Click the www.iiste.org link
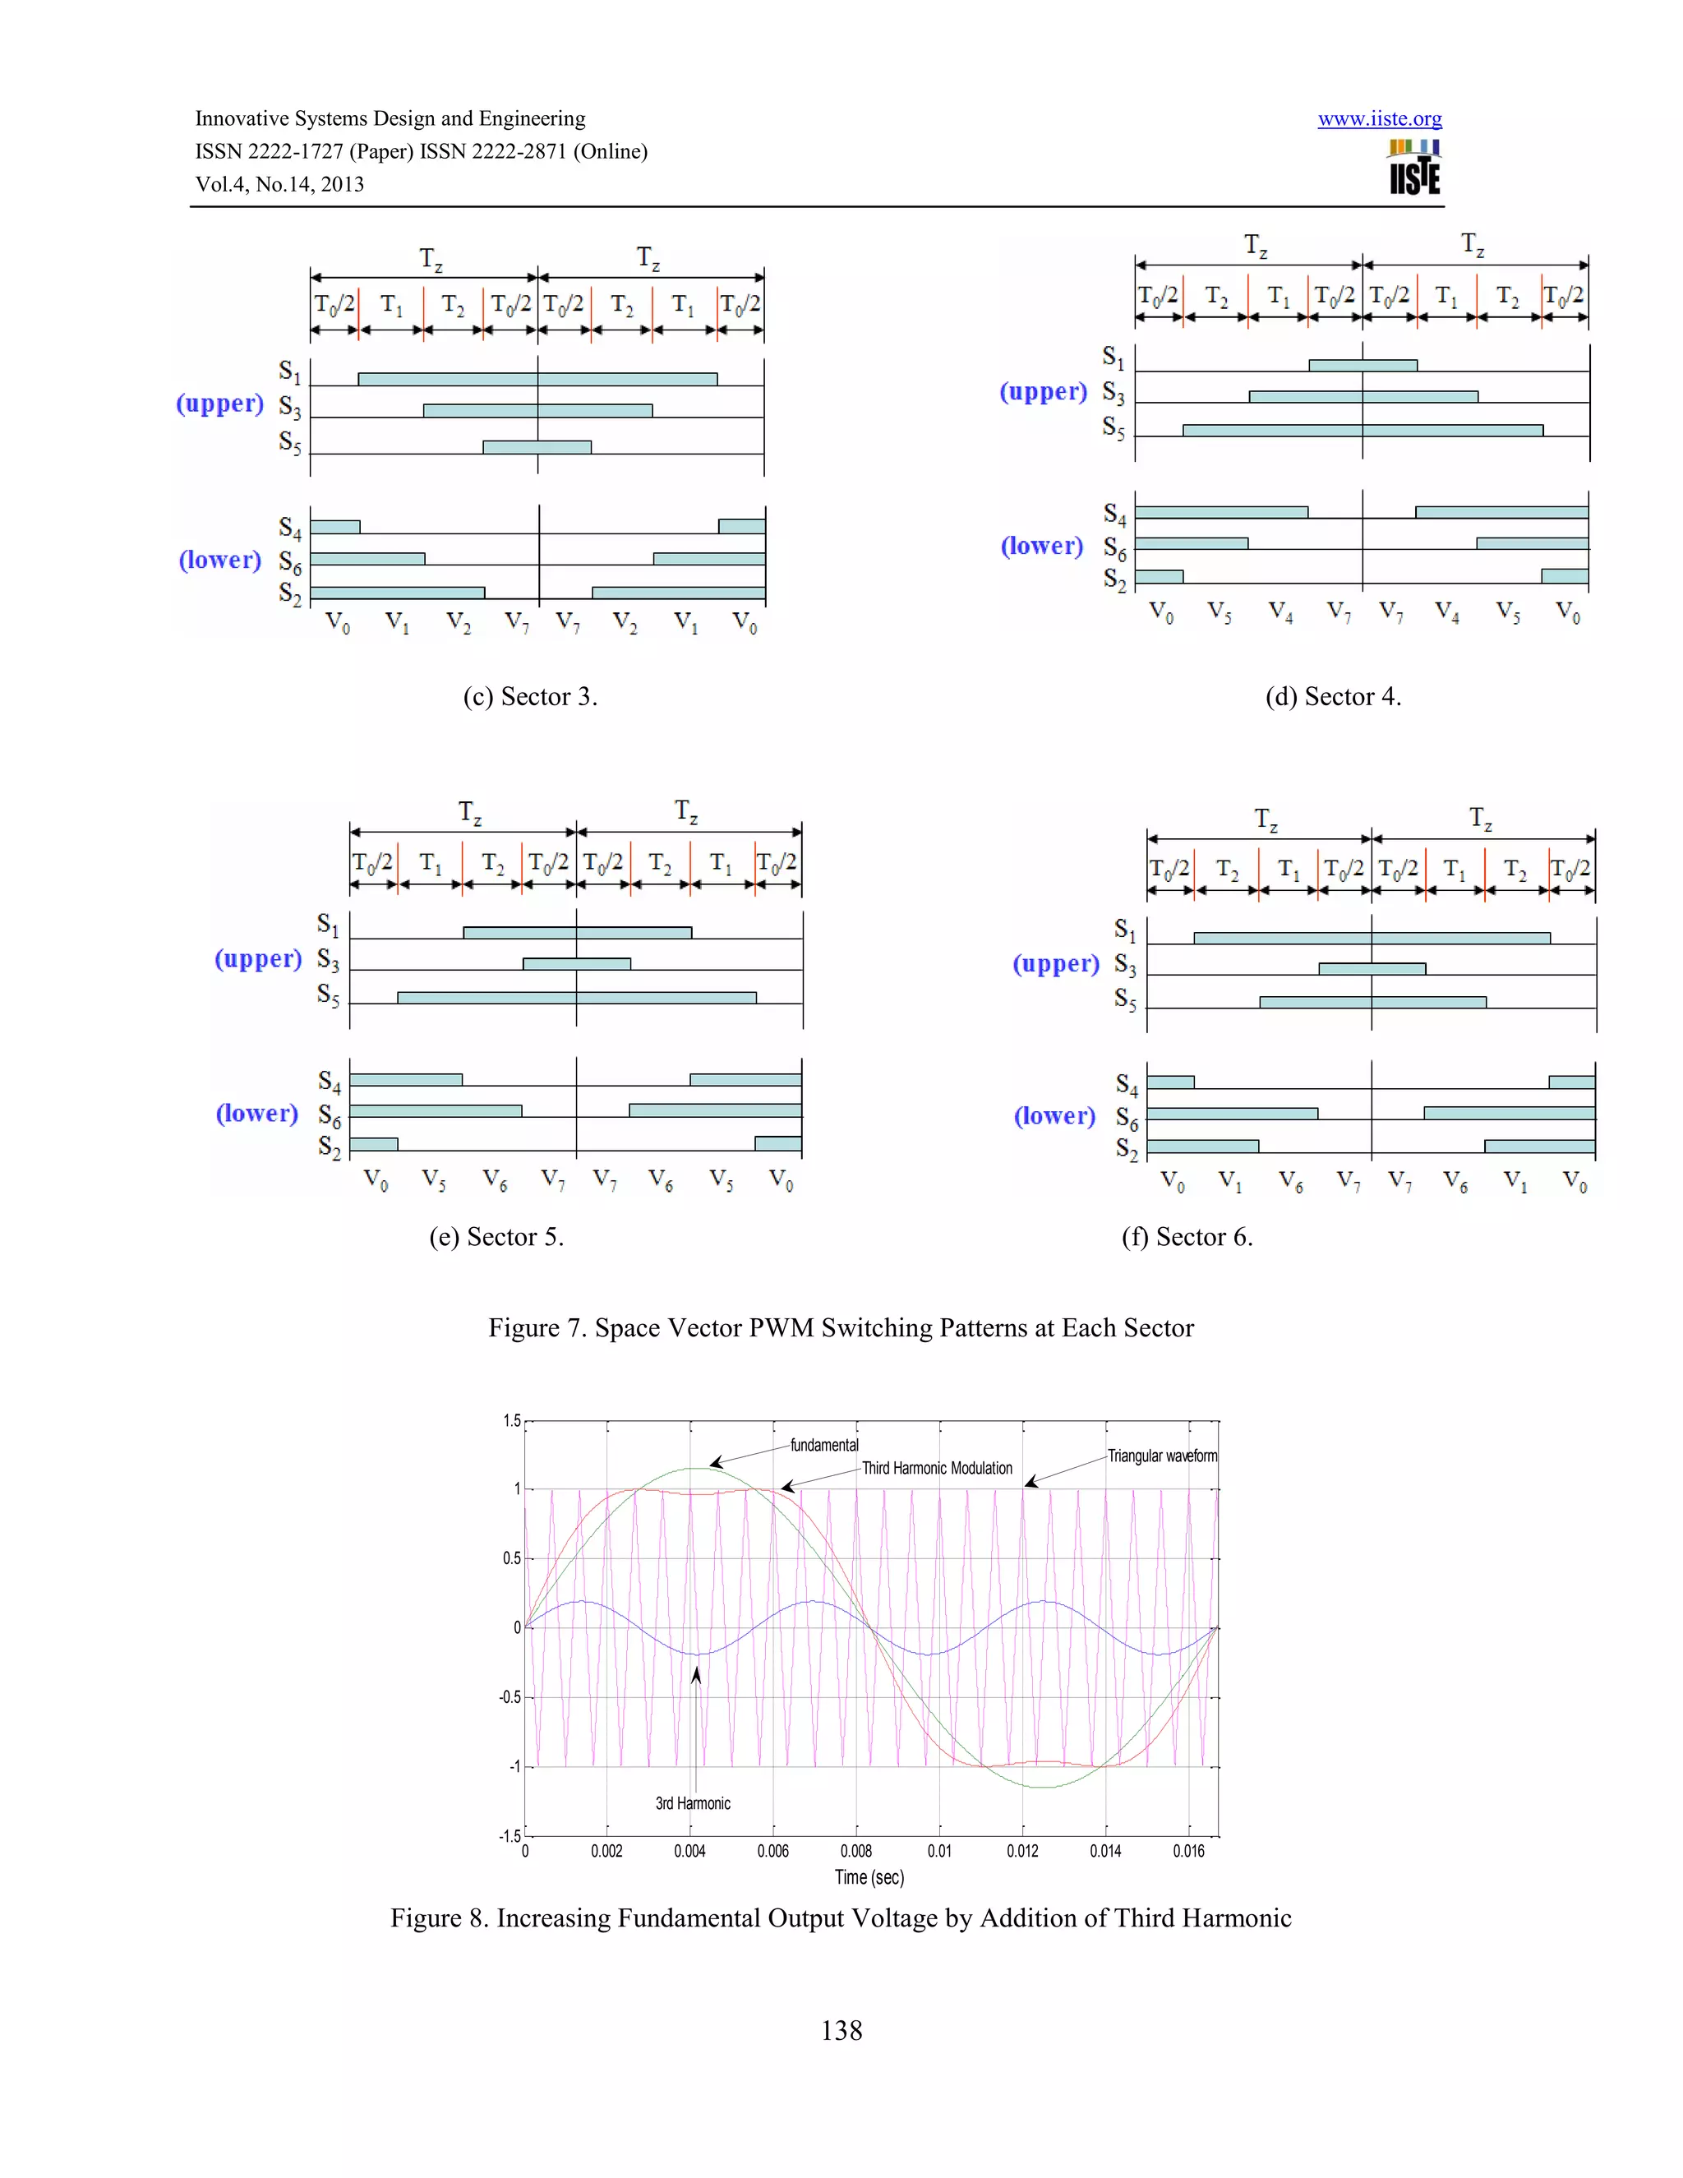click(x=1379, y=118)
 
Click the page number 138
click(x=841, y=2030)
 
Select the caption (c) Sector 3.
click(x=529, y=696)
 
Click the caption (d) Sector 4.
click(x=1333, y=696)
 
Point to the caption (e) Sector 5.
click(x=496, y=1237)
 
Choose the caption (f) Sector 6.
click(x=1187, y=1237)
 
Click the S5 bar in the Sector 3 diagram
click(x=537, y=447)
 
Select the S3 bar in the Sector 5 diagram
click(x=576, y=963)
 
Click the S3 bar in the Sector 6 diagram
click(x=1372, y=968)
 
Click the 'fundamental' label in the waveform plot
click(x=823, y=1445)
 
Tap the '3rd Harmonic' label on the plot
click(x=693, y=1803)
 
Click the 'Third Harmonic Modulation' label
click(x=936, y=1468)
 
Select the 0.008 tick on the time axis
click(x=855, y=1851)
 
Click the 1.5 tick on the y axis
click(x=511, y=1420)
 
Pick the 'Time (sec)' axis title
click(x=869, y=1877)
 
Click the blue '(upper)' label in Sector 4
click(x=1043, y=392)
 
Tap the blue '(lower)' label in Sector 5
click(x=257, y=1113)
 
